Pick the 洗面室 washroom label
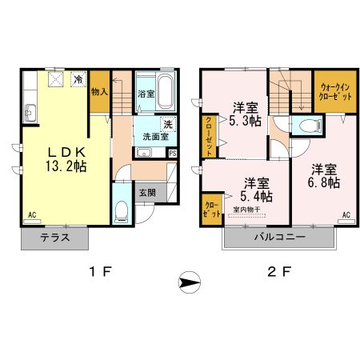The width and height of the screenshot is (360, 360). pos(156,137)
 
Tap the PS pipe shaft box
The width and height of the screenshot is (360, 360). pos(172,153)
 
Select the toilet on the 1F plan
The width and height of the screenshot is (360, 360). pos(120,210)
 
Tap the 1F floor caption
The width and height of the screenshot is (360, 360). pos(101,272)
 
